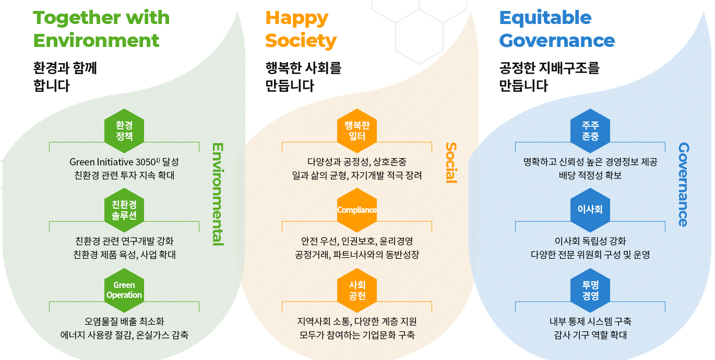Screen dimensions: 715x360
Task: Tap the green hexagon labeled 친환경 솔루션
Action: [x=124, y=210]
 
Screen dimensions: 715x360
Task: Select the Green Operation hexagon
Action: [x=124, y=290]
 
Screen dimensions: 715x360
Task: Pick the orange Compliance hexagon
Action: [x=357, y=210]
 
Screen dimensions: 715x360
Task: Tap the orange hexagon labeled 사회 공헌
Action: [x=357, y=290]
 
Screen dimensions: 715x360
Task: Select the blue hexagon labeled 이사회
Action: [x=590, y=210]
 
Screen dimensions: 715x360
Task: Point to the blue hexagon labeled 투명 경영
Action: [x=590, y=290]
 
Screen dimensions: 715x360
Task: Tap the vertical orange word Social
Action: [x=450, y=162]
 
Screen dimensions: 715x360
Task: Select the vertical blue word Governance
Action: [x=684, y=185]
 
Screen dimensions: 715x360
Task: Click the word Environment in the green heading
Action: [x=96, y=40]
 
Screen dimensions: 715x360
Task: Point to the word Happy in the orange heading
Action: [x=296, y=18]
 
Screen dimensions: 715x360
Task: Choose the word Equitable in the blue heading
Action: [x=545, y=18]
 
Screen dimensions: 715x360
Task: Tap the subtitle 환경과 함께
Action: [x=65, y=68]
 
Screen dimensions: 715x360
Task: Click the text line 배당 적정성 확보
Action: [x=590, y=175]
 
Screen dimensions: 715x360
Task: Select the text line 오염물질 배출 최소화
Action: [x=124, y=321]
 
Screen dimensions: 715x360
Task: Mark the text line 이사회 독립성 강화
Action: [x=590, y=241]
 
